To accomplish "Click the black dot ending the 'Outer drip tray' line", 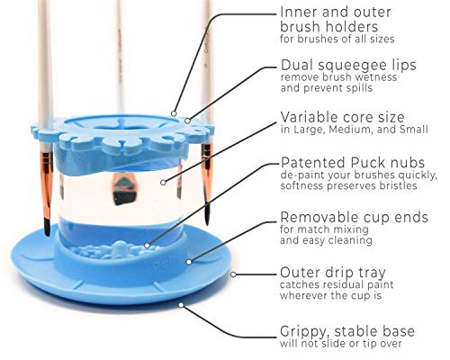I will click(x=190, y=262).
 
